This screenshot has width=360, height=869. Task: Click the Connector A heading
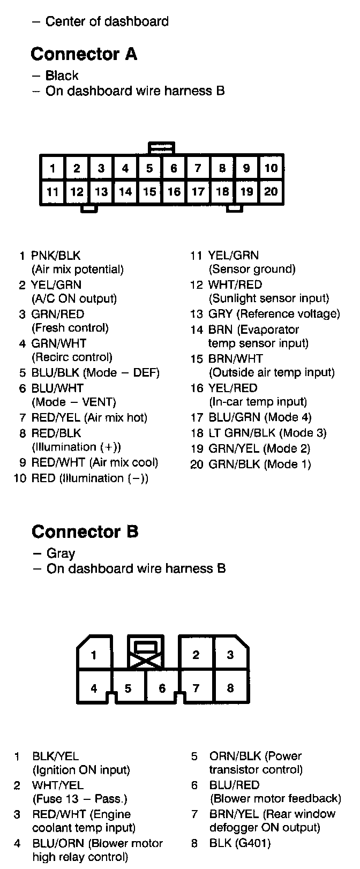click(x=84, y=54)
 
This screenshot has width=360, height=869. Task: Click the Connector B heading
click(x=85, y=531)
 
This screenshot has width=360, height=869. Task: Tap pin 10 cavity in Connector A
click(x=271, y=168)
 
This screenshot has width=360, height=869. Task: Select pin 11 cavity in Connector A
click(x=52, y=191)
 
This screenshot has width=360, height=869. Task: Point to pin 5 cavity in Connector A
click(x=149, y=168)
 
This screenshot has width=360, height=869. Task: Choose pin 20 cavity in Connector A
click(x=271, y=191)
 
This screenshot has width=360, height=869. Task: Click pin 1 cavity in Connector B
click(x=94, y=655)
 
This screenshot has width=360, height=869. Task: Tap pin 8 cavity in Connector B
click(x=230, y=688)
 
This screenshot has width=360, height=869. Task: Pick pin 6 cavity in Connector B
click(x=162, y=688)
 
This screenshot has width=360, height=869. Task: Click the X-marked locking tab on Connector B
click(x=145, y=652)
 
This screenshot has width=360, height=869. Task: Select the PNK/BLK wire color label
click(x=56, y=256)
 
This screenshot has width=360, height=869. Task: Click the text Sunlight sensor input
click(x=268, y=298)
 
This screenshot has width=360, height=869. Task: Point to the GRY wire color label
click(x=220, y=314)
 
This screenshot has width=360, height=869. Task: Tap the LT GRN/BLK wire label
click(x=235, y=433)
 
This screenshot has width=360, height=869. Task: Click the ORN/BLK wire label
click(x=235, y=756)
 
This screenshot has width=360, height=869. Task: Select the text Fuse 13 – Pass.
click(x=80, y=799)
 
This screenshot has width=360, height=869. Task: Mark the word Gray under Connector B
click(x=61, y=553)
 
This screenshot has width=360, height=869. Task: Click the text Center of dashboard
click(x=107, y=21)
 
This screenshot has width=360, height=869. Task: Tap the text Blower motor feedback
click(x=275, y=798)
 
